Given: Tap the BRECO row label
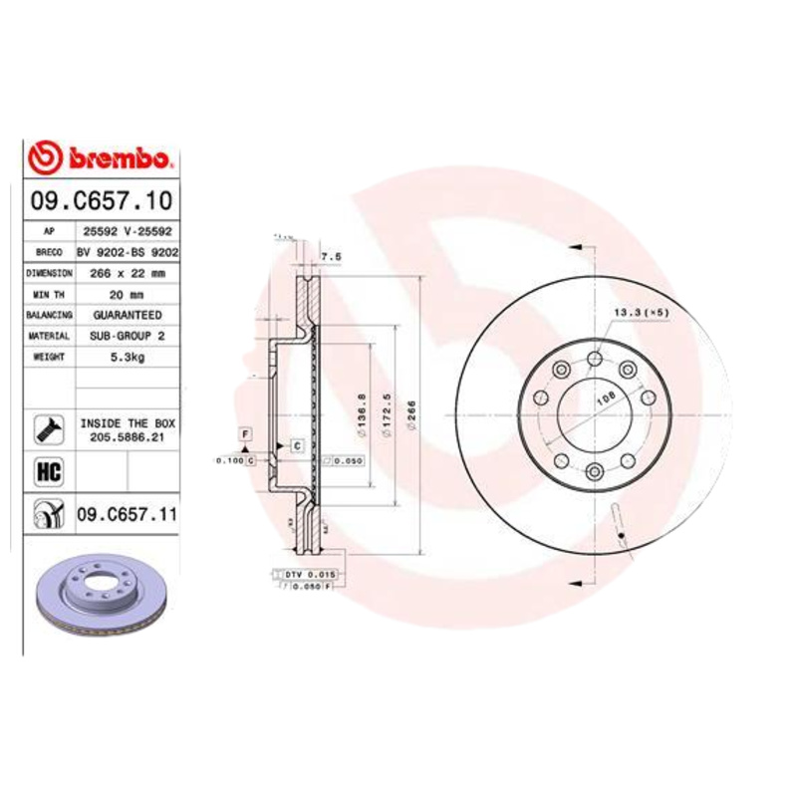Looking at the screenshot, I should pos(49,251).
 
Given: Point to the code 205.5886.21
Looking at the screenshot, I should pos(126,435).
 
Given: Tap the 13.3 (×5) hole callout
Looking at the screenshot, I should pos(640,313).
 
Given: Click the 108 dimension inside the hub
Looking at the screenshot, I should pos(603,399).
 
